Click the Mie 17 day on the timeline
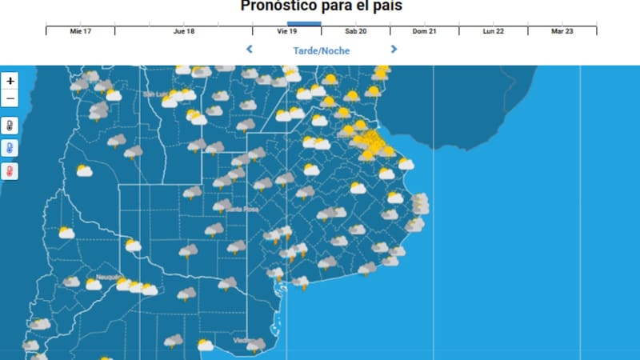(x=80, y=31)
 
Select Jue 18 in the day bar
(x=183, y=31)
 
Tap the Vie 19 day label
(x=287, y=31)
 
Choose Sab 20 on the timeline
(x=356, y=31)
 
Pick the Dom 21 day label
(x=425, y=31)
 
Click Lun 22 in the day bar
(x=494, y=31)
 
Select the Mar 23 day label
(x=562, y=31)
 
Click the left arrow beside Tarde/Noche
(x=250, y=50)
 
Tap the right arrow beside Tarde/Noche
(x=394, y=50)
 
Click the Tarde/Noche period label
(x=321, y=50)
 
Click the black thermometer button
(x=10, y=126)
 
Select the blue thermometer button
(x=10, y=148)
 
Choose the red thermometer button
(x=10, y=171)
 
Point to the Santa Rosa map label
(x=241, y=209)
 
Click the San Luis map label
(x=154, y=94)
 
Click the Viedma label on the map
(x=242, y=340)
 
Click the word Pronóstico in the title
(x=276, y=6)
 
